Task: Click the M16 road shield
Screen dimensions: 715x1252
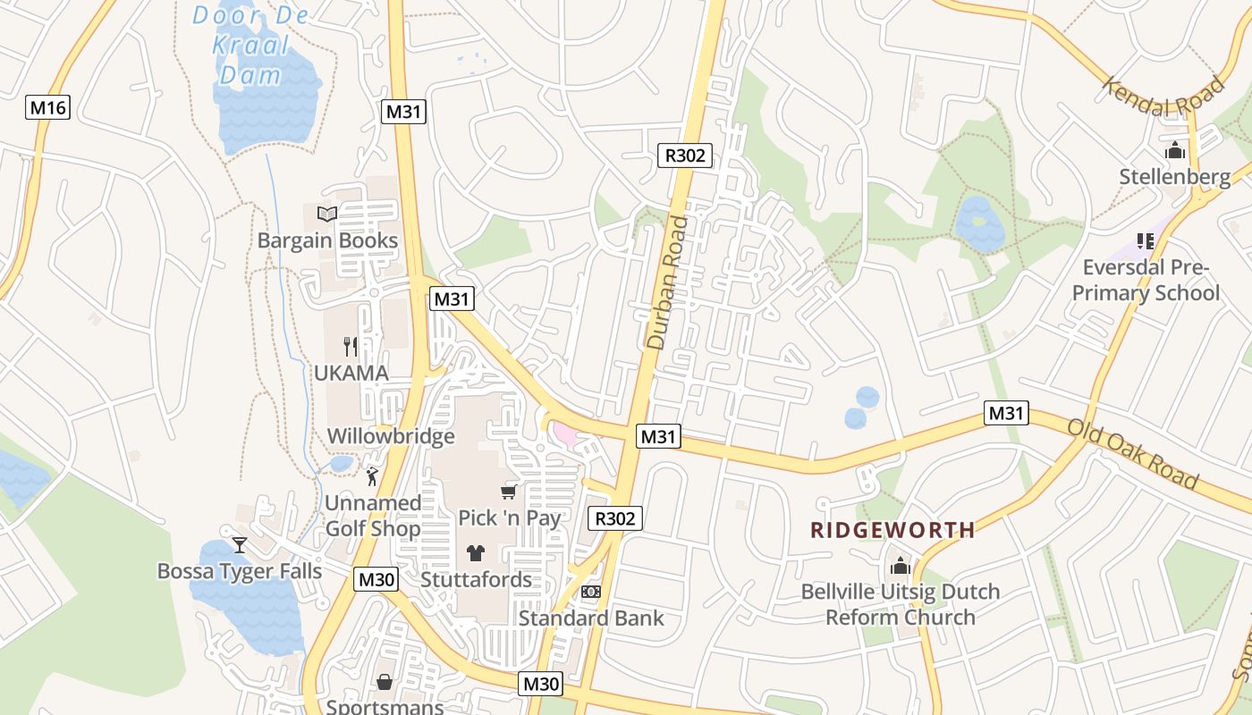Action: [47, 108]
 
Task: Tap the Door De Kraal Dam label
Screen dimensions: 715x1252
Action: [251, 45]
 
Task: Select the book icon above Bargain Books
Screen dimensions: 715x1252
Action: [327, 214]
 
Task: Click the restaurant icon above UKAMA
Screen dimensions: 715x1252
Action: [351, 346]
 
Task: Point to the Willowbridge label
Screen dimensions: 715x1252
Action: [391, 436]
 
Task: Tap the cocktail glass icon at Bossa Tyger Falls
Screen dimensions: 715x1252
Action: [240, 544]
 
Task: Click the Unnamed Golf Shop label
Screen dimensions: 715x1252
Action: [372, 516]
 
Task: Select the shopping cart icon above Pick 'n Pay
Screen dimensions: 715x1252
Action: [509, 492]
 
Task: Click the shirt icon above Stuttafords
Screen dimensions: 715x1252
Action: [476, 553]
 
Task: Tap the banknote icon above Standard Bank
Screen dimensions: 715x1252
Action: [591, 592]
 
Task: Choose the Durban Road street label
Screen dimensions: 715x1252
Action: [670, 282]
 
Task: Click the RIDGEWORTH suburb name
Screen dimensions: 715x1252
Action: [892, 530]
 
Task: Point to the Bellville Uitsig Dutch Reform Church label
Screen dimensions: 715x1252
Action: [900, 604]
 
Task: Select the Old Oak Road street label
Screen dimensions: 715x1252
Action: [1133, 454]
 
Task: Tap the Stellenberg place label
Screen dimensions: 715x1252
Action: [1175, 177]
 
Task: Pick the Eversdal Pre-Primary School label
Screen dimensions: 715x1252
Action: [1146, 280]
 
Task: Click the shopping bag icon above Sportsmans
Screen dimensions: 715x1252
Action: [385, 682]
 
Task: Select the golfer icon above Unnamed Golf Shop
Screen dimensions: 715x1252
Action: [373, 476]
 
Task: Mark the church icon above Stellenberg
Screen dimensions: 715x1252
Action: [1175, 150]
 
